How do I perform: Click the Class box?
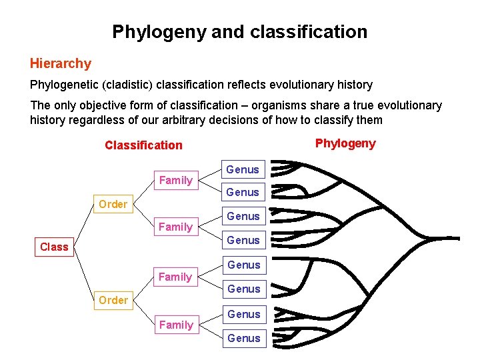54,247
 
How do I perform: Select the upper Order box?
113,204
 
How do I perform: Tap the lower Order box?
113,300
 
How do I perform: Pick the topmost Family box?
175,180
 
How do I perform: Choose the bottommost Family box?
176,325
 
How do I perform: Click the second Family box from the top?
175,227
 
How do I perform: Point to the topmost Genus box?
243,169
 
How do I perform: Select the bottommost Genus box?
243,338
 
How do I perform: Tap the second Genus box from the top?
243,192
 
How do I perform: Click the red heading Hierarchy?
60,64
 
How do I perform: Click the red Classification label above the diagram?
143,145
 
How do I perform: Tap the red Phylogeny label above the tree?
345,143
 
